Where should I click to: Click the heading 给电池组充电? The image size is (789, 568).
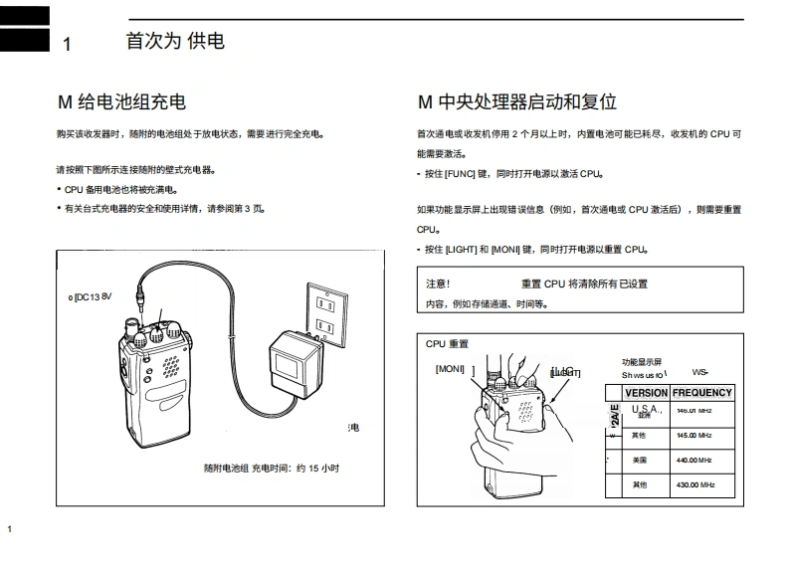pyautogui.click(x=130, y=102)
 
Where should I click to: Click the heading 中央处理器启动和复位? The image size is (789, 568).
pyautogui.click(x=526, y=102)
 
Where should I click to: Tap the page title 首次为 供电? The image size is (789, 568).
pyautogui.click(x=175, y=42)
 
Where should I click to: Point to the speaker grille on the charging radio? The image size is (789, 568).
pyautogui.click(x=171, y=363)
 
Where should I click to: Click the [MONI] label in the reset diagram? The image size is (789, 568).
pyautogui.click(x=450, y=368)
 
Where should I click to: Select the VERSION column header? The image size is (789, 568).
pyautogui.click(x=645, y=393)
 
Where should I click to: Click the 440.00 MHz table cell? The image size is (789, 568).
pyautogui.click(x=693, y=461)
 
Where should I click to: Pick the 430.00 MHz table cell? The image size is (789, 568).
pyautogui.click(x=693, y=484)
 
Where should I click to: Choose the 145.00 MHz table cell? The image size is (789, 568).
pyautogui.click(x=693, y=436)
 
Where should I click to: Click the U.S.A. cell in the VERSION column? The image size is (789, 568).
pyautogui.click(x=646, y=410)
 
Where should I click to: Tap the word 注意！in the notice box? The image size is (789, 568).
pyautogui.click(x=438, y=284)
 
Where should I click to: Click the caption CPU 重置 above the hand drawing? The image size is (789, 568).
pyautogui.click(x=447, y=344)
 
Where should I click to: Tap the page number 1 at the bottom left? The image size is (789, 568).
pyautogui.click(x=9, y=528)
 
